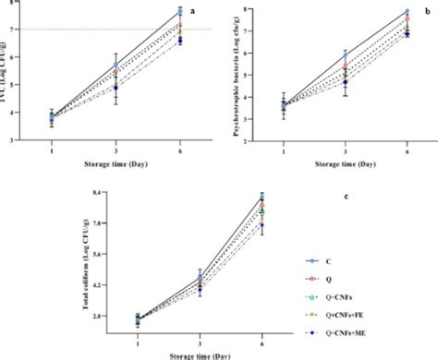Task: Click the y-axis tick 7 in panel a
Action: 10,30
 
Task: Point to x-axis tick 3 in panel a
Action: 116,150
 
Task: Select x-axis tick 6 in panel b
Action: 407,150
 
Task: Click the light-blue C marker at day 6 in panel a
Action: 179,12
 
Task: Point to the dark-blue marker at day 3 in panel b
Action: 346,82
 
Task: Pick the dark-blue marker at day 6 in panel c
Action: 262,225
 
